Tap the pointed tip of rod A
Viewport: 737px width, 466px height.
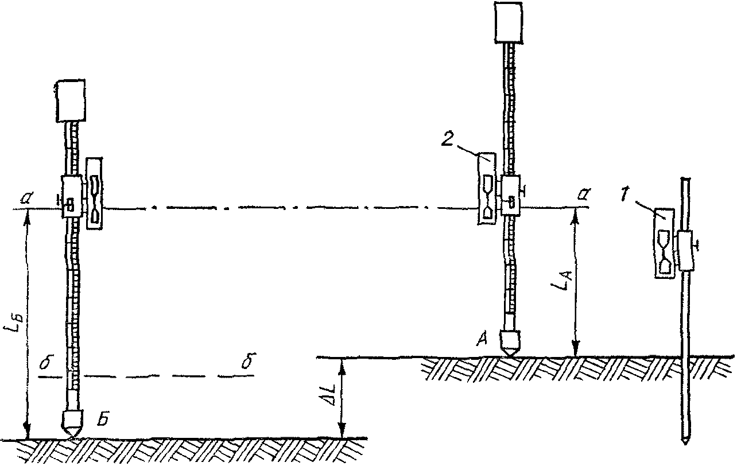tap(510, 356)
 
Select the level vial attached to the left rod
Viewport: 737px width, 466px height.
tap(95, 194)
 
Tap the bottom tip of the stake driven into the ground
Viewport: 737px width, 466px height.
tap(684, 442)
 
